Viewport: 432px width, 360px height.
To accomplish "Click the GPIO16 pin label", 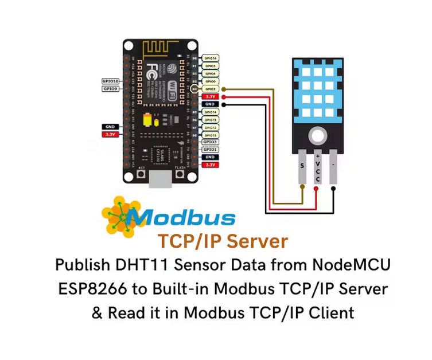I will [210, 58].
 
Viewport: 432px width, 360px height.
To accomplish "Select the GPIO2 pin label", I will [210, 89].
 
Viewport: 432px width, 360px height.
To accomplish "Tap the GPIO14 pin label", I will [210, 112].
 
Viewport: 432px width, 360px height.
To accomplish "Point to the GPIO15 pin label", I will [210, 134].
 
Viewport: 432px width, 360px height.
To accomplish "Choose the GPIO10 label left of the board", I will [110, 82].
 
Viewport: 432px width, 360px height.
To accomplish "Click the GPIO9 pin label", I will [111, 89].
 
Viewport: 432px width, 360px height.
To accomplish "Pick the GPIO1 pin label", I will [210, 149].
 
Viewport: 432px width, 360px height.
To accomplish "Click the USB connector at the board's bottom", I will [160, 179].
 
